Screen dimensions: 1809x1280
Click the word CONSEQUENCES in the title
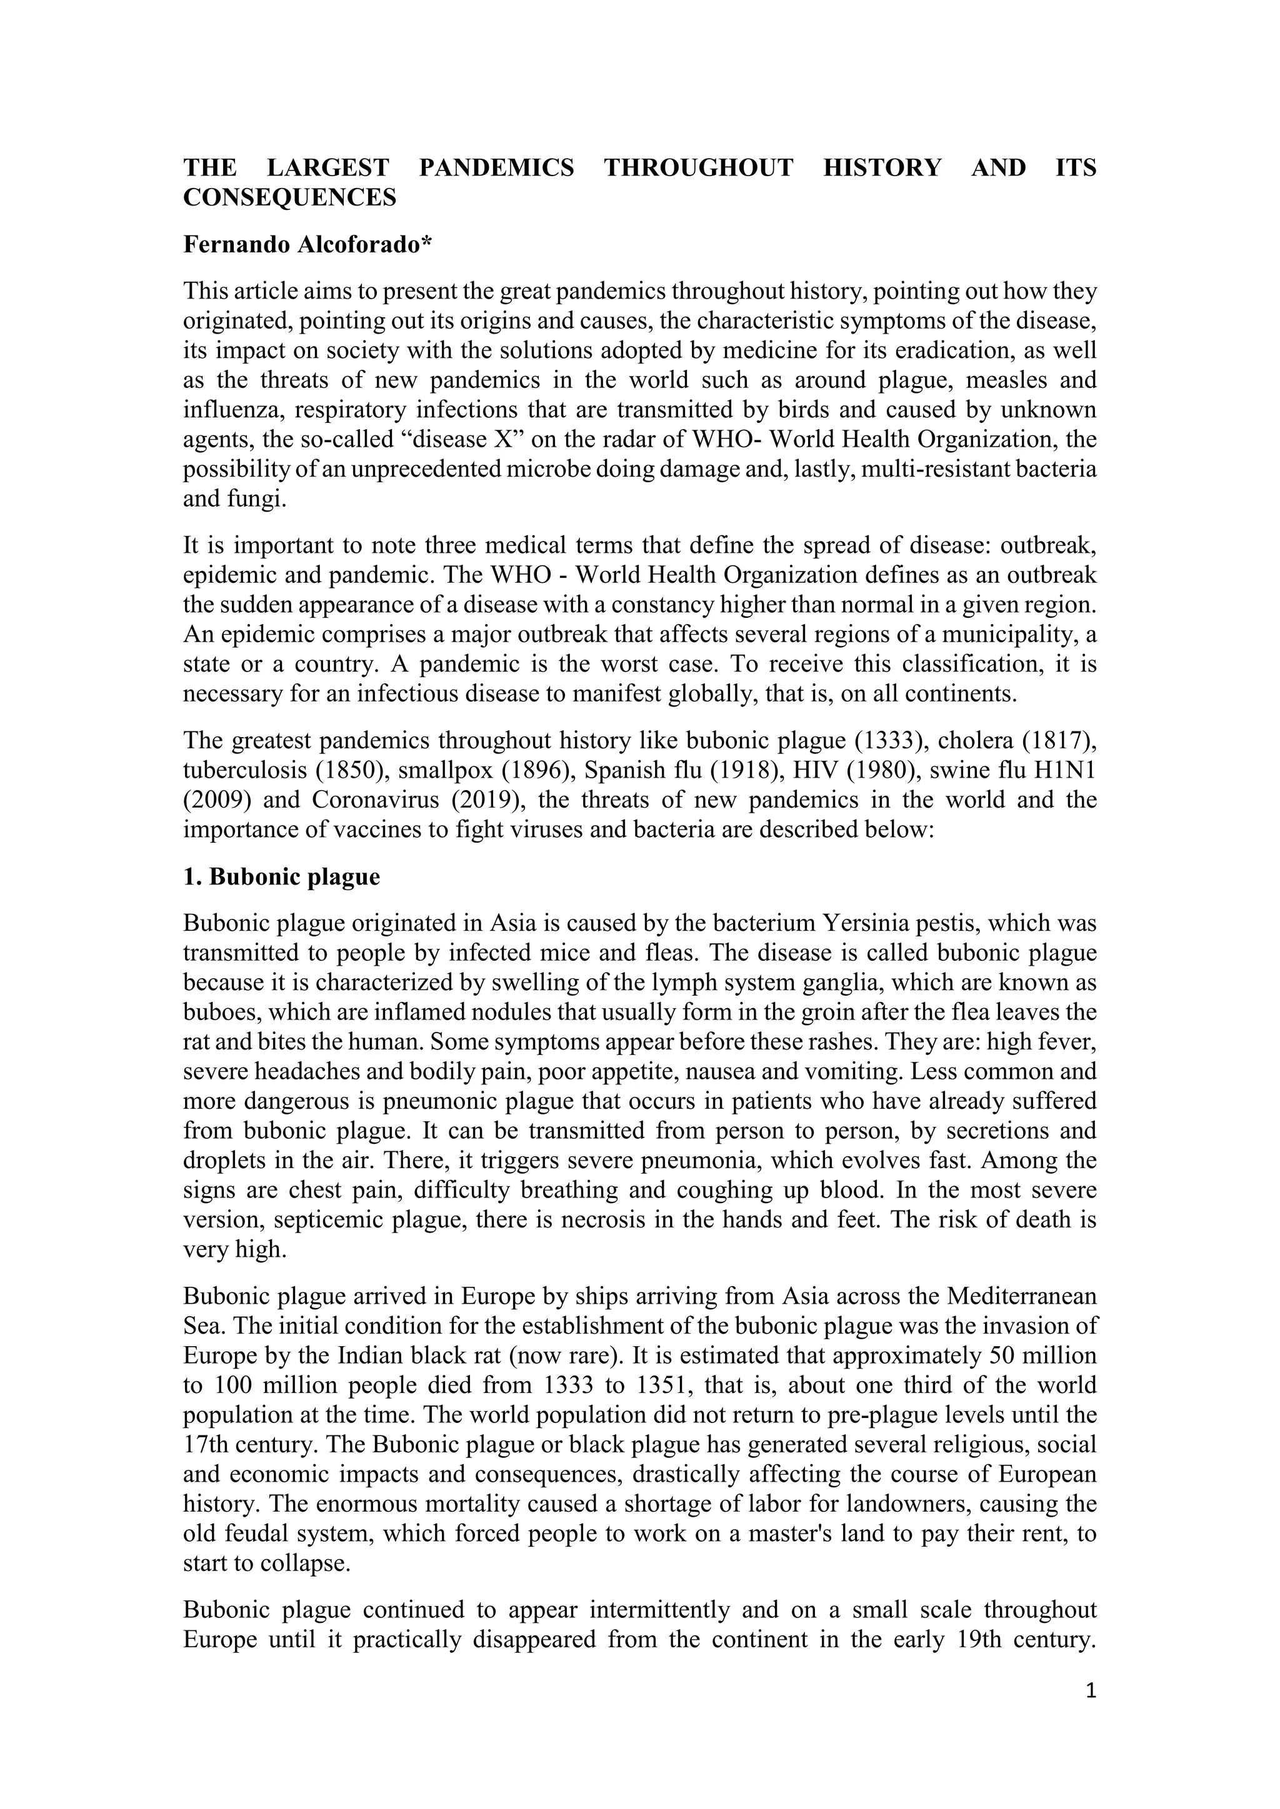click(x=289, y=198)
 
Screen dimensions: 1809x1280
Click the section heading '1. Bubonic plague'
click(x=281, y=877)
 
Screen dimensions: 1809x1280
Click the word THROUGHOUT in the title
click(x=698, y=168)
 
